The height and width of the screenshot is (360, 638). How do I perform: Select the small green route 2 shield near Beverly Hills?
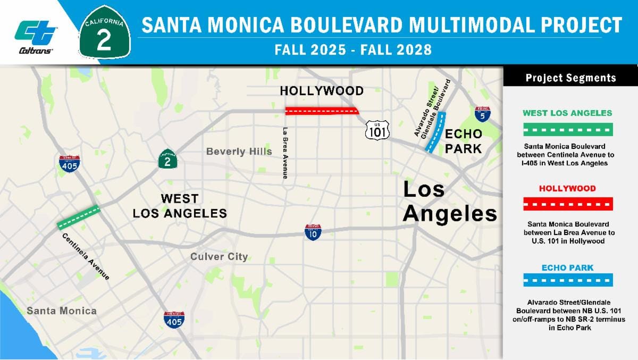click(x=167, y=159)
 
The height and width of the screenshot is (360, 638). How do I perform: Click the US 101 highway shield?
click(x=377, y=129)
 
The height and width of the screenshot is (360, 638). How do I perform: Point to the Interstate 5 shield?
click(x=482, y=113)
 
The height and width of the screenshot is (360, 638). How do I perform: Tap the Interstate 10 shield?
click(x=313, y=232)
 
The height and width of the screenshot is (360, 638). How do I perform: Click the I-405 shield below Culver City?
click(x=174, y=319)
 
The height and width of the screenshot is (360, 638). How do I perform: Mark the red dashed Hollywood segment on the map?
click(x=322, y=111)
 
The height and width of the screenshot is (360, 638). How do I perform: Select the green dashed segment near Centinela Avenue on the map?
click(x=78, y=217)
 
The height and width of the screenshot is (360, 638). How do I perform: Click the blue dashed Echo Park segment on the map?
click(x=435, y=133)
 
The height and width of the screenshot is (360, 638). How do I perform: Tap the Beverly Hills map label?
click(x=239, y=152)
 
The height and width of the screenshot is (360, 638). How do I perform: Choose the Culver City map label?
click(x=219, y=257)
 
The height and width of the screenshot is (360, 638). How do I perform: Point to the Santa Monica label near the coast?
click(x=62, y=311)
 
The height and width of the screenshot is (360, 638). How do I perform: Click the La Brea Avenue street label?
click(x=286, y=153)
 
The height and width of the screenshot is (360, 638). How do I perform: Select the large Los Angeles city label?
click(x=449, y=202)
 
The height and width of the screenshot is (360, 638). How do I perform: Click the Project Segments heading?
click(x=570, y=78)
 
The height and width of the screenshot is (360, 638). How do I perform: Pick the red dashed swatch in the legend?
click(x=568, y=204)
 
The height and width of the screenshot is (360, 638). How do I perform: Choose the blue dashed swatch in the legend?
click(x=568, y=280)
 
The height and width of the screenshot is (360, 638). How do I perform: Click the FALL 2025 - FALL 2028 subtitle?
click(x=352, y=51)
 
